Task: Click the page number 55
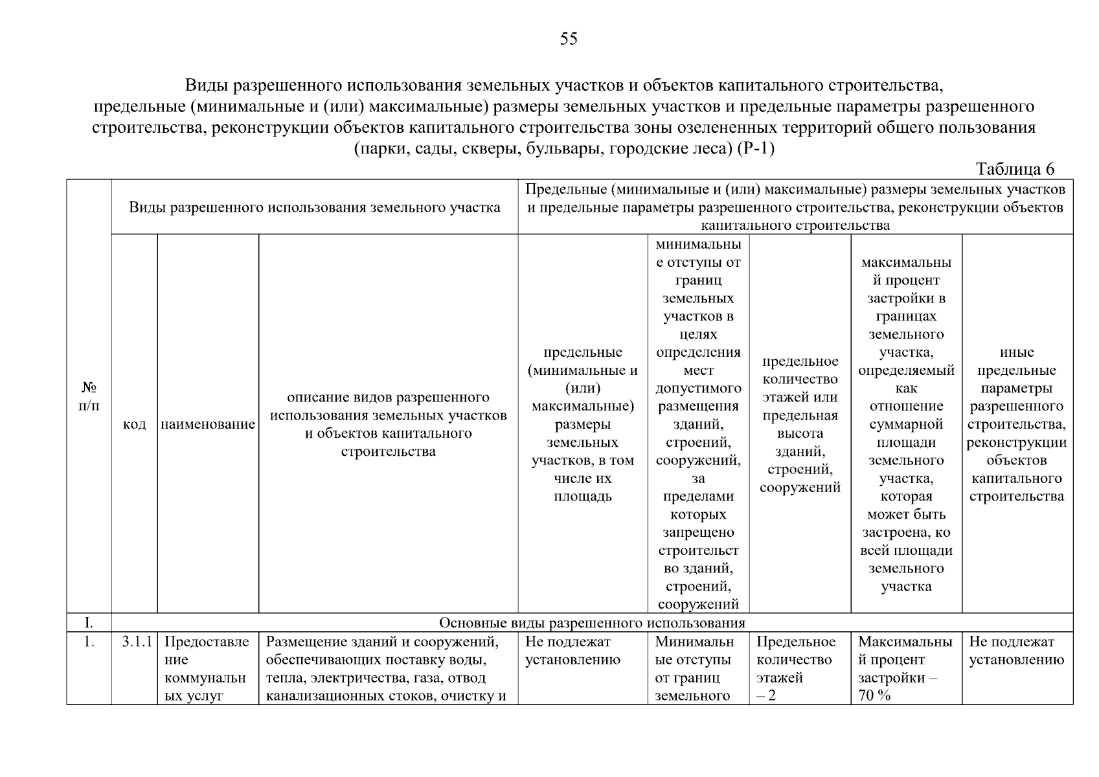[568, 39]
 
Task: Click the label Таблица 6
[1015, 169]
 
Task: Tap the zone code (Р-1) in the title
[756, 149]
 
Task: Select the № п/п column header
[89, 396]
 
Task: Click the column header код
[134, 425]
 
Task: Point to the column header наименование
[208, 425]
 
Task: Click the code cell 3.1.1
[137, 642]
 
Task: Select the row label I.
[89, 623]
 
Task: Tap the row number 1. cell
[89, 642]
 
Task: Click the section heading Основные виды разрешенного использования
[592, 623]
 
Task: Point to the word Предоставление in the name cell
[206, 642]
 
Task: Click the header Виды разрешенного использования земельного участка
[314, 207]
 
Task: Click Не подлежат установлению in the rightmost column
[1016, 651]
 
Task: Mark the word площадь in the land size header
[582, 497]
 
